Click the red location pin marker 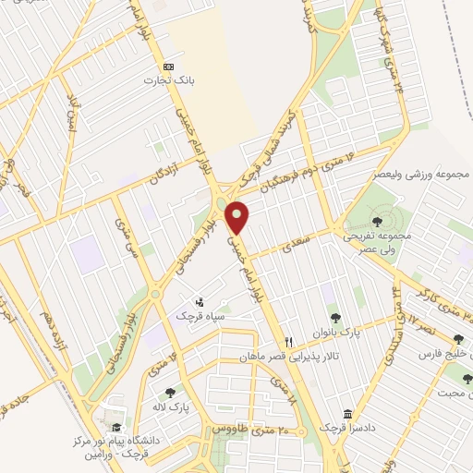point(237,217)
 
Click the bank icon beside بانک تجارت point(168,67)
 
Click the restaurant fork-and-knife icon point(289,341)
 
